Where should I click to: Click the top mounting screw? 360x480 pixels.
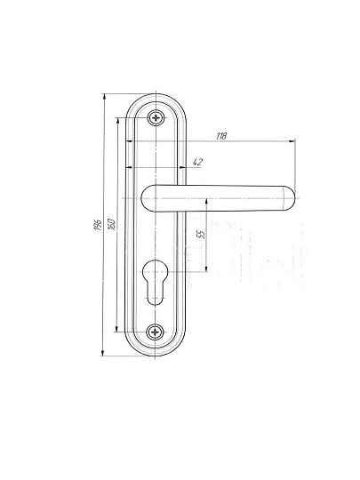pos(156,117)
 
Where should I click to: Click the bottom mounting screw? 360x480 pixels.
pos(155,332)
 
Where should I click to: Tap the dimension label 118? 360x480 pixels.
pos(221,136)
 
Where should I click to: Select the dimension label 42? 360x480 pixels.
pos(197,162)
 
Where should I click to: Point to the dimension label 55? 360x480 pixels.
pos(201,234)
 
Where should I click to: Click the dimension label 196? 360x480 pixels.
pos(98,225)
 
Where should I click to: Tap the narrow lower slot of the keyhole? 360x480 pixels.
pos(155,293)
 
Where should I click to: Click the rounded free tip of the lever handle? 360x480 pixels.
pos(289,198)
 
